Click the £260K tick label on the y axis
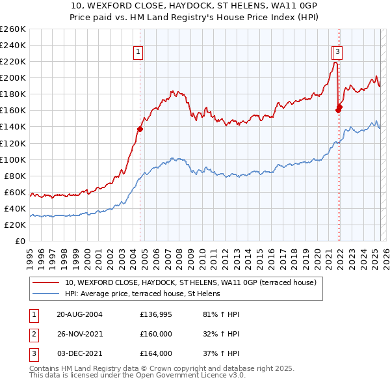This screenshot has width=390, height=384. tap(13, 29)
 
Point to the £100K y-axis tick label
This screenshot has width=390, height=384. tap(13, 159)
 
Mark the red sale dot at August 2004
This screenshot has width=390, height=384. tap(140, 129)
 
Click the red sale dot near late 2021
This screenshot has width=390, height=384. tap(339, 109)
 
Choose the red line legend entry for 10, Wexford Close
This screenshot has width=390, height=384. tap(190, 282)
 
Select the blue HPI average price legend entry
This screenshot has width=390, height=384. tap(142, 294)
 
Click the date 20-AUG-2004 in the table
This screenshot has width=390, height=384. tap(79, 314)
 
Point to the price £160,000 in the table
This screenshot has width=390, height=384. tap(156, 334)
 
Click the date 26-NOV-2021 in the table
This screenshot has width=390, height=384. tap(79, 334)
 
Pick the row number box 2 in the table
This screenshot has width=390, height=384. tap(33, 334)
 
